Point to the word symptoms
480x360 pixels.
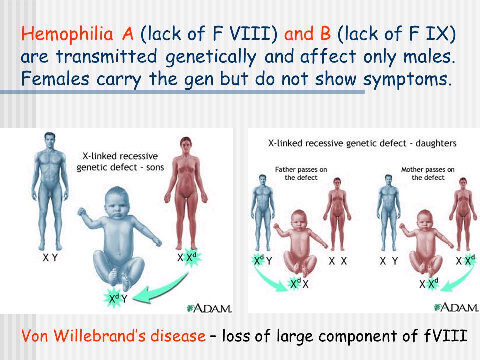point(407,80)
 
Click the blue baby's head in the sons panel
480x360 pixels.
point(116,202)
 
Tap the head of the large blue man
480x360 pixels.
point(50,140)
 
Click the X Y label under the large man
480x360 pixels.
point(50,258)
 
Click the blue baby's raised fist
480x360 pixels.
point(81,212)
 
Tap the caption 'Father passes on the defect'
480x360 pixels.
point(301,173)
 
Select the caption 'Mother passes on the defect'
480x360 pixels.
point(428,173)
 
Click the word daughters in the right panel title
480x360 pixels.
point(436,143)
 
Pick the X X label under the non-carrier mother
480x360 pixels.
point(338,261)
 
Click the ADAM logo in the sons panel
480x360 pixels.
point(209,308)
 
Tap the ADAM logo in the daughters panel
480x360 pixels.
point(456,307)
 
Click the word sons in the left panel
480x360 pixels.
point(155,168)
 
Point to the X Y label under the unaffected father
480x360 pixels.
point(389,261)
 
